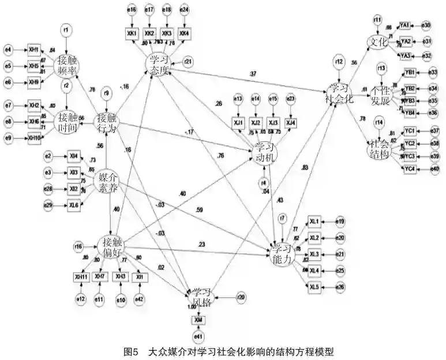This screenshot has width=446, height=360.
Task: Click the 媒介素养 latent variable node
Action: tap(110, 181)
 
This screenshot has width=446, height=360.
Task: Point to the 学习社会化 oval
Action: tap(339, 93)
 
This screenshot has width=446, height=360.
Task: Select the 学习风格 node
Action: tap(201, 298)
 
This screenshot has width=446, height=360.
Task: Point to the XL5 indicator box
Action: tap(314, 286)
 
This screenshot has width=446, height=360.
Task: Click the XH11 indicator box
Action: tap(81, 277)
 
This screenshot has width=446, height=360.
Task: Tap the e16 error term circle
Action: tap(132, 10)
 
